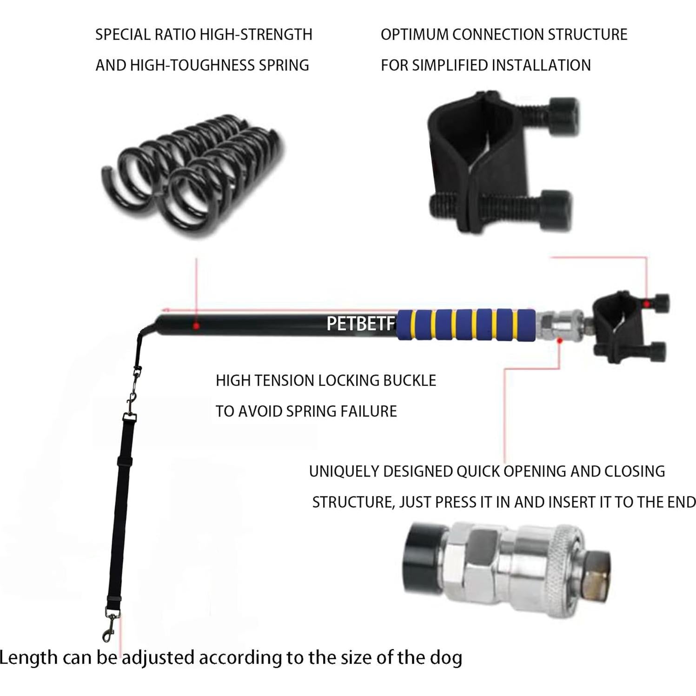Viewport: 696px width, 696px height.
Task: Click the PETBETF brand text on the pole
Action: click(x=361, y=324)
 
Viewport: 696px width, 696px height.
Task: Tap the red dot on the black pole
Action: click(x=196, y=326)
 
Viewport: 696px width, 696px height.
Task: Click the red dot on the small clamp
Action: click(x=646, y=304)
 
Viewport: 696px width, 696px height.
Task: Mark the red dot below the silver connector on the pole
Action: click(x=560, y=341)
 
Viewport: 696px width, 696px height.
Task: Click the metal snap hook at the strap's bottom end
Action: click(x=110, y=625)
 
